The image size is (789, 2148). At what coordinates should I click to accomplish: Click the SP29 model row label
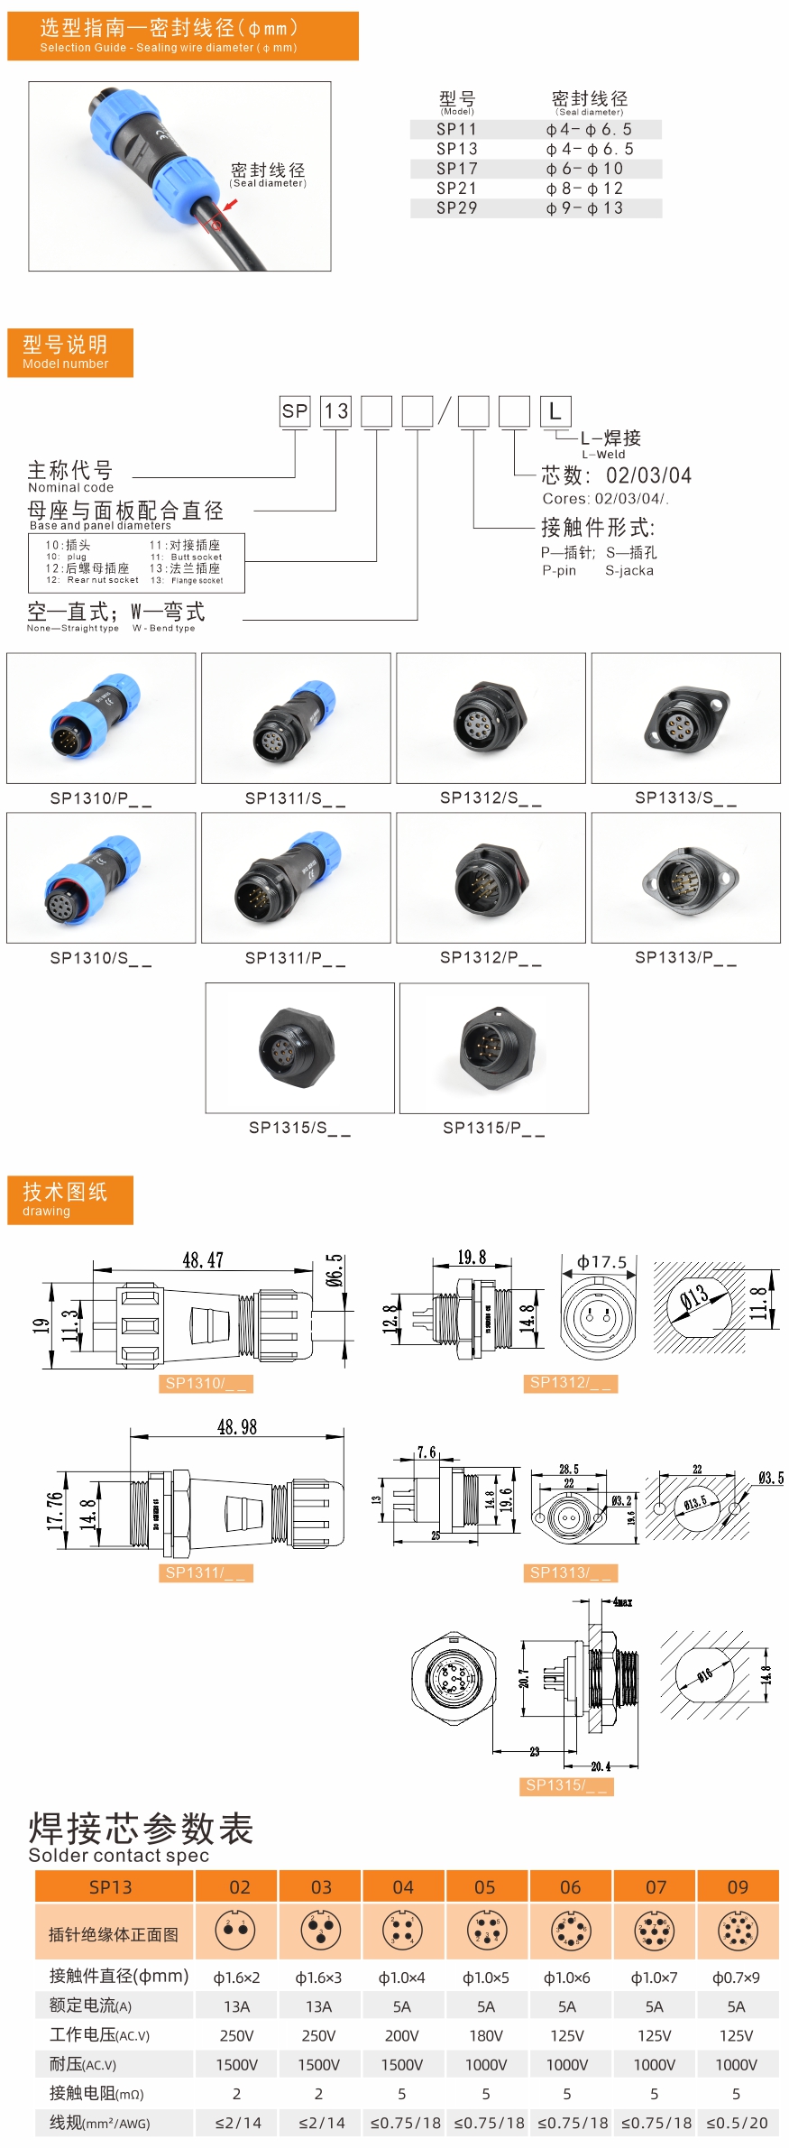click(456, 208)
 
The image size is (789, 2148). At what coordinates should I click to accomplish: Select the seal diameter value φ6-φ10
click(584, 169)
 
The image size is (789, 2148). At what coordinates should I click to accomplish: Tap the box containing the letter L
click(555, 411)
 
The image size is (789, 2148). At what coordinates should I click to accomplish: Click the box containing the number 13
click(335, 411)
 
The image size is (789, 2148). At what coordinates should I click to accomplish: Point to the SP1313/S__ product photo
click(685, 718)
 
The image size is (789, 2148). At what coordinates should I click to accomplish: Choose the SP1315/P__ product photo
click(493, 1047)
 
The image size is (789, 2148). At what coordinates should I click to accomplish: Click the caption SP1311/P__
click(295, 958)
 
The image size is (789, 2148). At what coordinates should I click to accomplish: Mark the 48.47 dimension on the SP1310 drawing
click(203, 1260)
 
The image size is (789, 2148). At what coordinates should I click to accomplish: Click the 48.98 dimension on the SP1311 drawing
click(237, 1427)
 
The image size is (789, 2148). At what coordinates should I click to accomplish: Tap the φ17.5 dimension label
click(601, 1262)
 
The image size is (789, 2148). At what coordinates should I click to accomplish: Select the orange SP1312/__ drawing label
click(571, 1383)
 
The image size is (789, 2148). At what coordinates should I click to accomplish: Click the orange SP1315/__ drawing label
click(566, 1785)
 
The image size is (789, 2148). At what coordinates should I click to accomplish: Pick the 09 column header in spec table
click(738, 1887)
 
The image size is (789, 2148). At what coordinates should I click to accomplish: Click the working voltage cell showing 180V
click(485, 2035)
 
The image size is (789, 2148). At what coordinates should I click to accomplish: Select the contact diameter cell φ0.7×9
click(736, 1977)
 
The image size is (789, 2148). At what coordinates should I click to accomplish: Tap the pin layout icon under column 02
click(235, 1931)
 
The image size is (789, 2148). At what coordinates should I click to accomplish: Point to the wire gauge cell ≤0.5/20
click(737, 2123)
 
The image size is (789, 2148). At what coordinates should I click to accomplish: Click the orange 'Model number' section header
click(70, 352)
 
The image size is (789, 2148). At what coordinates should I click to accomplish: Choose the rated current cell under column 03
click(318, 2006)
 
